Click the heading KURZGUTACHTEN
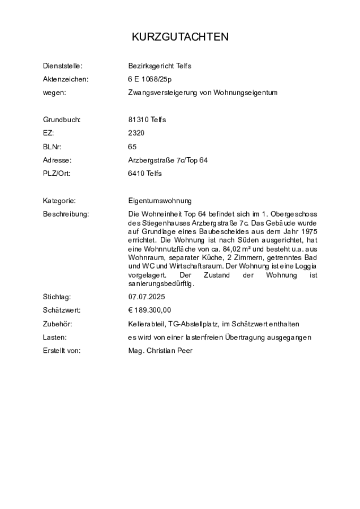(180, 37)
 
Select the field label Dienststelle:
(63, 66)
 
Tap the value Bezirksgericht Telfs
(160, 66)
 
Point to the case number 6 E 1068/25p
(150, 80)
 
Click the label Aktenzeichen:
(66, 80)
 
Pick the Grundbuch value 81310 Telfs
(147, 120)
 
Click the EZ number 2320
(136, 133)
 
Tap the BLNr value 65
(132, 147)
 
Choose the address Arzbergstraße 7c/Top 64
(168, 161)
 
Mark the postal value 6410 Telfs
(145, 174)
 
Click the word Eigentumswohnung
(160, 201)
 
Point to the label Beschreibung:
(66, 214)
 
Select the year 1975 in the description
(308, 232)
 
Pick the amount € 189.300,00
(149, 310)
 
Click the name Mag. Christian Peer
(160, 351)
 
